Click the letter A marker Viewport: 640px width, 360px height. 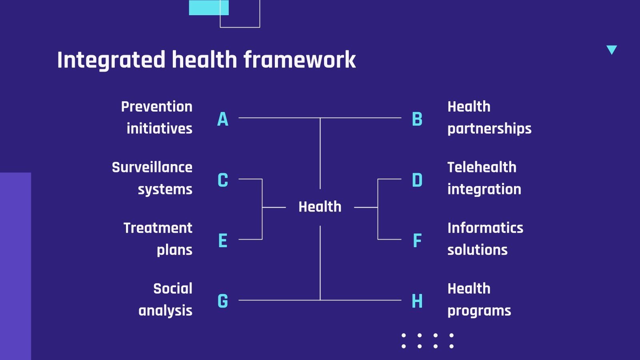coord(223,119)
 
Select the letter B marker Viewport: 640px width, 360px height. coord(417,119)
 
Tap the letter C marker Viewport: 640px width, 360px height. coord(223,180)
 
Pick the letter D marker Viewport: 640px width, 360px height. coord(417,180)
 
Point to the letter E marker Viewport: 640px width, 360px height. coord(223,241)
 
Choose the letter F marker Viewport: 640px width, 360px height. coord(417,241)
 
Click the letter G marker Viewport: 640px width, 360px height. coord(223,301)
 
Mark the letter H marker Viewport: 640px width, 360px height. coord(417,301)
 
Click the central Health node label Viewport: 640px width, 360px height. coord(320,207)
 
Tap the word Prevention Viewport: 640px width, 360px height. coord(157,107)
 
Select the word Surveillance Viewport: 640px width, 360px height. coord(152,167)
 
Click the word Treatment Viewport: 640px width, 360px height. coord(158,228)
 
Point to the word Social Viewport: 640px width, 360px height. coord(173,289)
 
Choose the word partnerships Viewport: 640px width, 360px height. coord(489,129)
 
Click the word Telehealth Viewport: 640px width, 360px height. coord(482,167)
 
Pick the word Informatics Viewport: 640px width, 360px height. coord(485,228)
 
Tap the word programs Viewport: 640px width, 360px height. coord(479,311)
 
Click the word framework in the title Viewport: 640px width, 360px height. coord(300,60)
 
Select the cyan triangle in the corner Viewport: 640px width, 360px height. coord(612,49)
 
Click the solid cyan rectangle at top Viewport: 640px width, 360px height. coord(208,7)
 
